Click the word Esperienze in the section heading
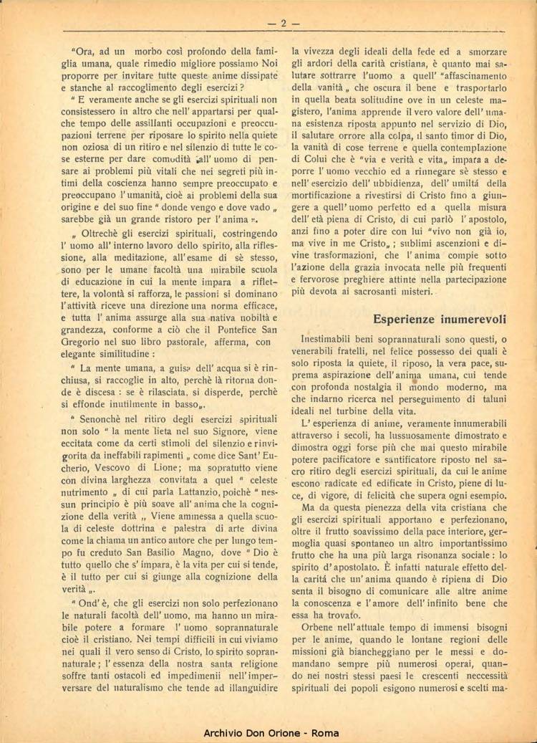click(407, 319)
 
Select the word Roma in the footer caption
click(326, 734)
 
